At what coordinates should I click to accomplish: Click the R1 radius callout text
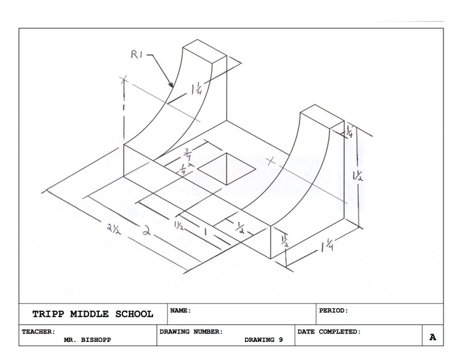[140, 56]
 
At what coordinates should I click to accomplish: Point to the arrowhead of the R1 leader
[171, 85]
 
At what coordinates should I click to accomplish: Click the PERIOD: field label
[334, 311]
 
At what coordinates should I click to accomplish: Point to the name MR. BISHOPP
[87, 339]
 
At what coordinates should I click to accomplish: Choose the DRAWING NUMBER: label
[191, 331]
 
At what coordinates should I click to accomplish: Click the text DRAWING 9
[263, 339]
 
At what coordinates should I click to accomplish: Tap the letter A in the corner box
[431, 338]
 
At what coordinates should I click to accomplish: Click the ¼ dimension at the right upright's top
[348, 133]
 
